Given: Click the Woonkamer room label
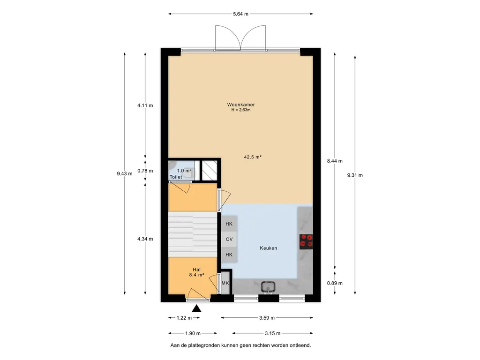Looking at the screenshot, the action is [241, 105].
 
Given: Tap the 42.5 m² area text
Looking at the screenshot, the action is [253, 157].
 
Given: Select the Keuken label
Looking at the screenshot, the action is [269, 248].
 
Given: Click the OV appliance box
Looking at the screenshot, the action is [229, 239].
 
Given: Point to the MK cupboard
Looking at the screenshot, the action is [225, 283].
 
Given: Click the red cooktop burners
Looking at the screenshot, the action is [306, 240].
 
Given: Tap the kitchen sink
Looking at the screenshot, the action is [268, 287].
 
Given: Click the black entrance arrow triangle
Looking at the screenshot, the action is [196, 308].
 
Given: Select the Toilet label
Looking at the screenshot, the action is [176, 177].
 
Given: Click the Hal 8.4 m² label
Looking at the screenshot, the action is [196, 272].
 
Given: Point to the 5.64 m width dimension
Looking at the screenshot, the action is [240, 14].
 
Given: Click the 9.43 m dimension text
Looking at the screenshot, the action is [125, 173].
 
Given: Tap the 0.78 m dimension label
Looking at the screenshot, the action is [145, 171].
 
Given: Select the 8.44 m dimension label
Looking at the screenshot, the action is [335, 161].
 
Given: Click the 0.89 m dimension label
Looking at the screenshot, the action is [335, 283].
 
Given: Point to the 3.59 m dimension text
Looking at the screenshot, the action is [267, 318].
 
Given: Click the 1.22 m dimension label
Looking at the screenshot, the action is [184, 318].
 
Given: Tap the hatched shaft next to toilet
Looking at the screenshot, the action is [210, 171].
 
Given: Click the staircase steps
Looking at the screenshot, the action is [193, 234].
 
